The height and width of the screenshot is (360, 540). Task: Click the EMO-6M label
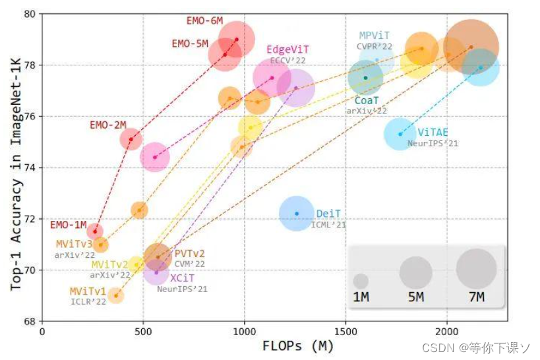tap(204, 21)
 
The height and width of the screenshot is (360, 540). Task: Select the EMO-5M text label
tap(190, 44)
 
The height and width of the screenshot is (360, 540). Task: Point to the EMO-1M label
tap(69, 225)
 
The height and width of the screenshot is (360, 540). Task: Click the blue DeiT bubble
tap(297, 214)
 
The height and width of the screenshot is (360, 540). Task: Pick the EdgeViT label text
tap(287, 50)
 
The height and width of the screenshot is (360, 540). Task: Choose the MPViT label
tap(375, 36)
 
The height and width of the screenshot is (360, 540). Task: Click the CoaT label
tap(367, 101)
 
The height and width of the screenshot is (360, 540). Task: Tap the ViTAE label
tap(433, 133)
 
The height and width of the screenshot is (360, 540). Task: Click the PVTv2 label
tap(190, 254)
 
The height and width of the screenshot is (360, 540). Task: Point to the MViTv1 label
tap(88, 291)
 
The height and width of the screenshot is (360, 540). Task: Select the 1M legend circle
tap(361, 281)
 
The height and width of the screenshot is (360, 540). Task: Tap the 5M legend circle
tap(415, 272)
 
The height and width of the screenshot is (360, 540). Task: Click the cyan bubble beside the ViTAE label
tap(400, 134)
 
